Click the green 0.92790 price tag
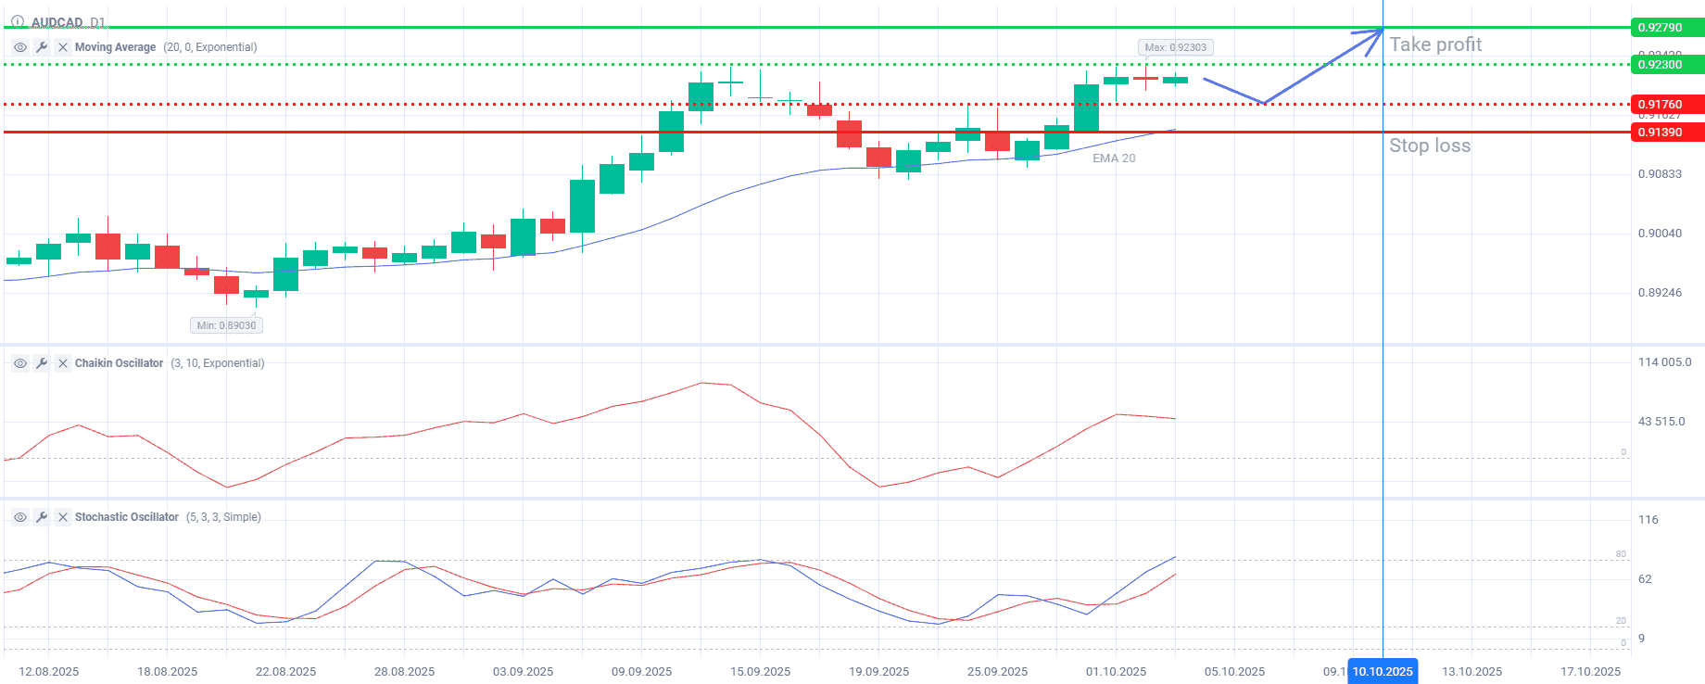[1665, 28]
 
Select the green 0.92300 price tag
[1665, 65]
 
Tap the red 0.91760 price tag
[1665, 105]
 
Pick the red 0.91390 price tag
[1665, 133]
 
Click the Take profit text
[1435, 44]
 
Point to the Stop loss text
[1429, 146]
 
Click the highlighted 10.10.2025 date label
[1383, 672]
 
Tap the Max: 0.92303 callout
[1175, 47]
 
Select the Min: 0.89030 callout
[226, 325]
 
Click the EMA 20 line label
[1113, 158]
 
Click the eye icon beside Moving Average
[20, 47]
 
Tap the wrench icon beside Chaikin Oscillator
[42, 363]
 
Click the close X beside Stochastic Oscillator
[63, 517]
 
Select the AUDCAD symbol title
[57, 22]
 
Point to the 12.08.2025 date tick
[48, 672]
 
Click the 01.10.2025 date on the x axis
[1116, 672]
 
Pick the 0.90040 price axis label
[1660, 234]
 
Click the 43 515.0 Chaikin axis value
[1661, 422]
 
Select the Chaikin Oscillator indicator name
[119, 363]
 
